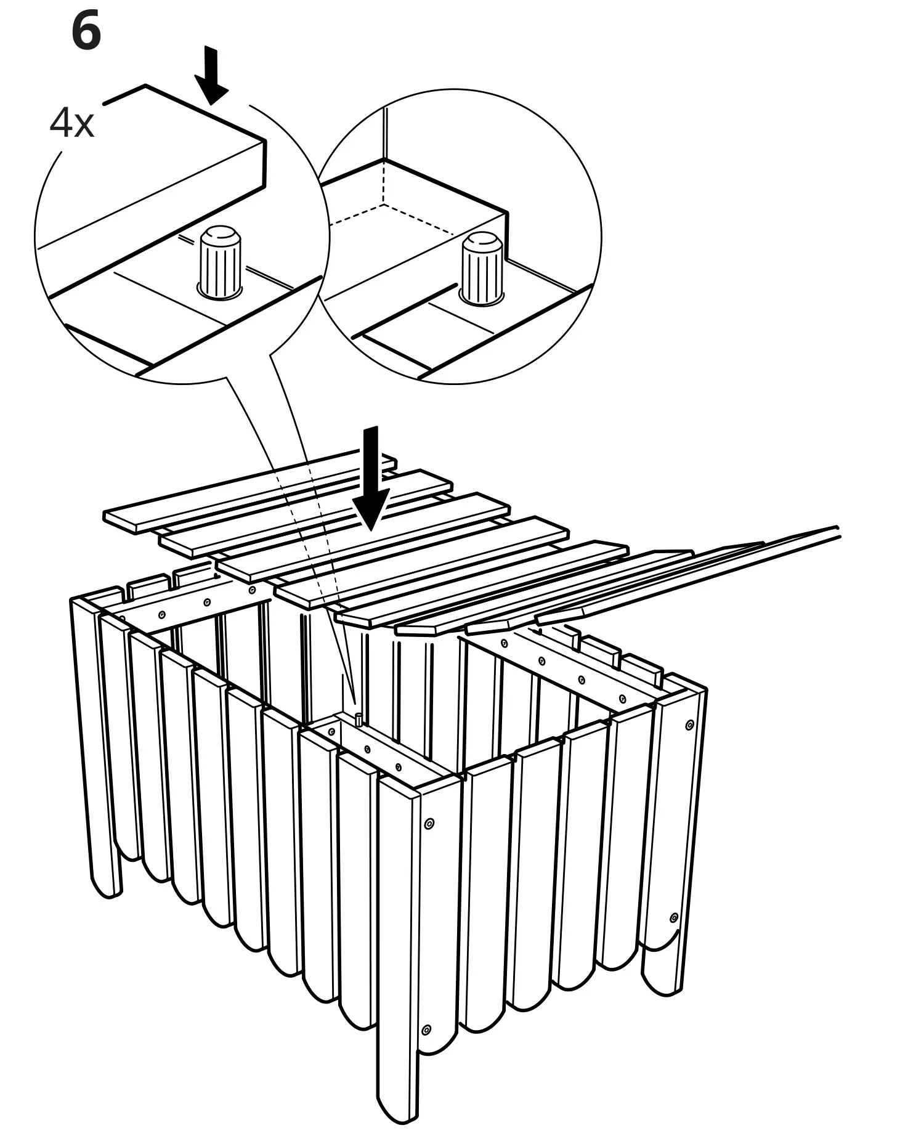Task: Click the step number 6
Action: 86,33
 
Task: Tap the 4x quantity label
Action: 71,123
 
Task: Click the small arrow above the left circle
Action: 211,76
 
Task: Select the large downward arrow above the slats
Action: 371,478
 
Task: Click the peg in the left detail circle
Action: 221,262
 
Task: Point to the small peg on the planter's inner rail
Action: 357,718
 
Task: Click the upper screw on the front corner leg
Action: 429,822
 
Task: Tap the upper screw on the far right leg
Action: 689,725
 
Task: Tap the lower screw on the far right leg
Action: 674,919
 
